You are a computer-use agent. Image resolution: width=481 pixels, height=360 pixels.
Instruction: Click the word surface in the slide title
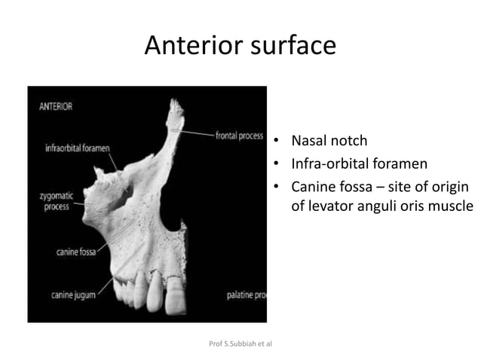290,46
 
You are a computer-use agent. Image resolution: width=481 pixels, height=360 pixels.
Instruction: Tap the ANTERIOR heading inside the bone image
56,106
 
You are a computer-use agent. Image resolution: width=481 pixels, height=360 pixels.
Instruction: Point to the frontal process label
239,137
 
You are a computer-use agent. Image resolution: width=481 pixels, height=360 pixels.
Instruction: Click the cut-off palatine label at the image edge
246,295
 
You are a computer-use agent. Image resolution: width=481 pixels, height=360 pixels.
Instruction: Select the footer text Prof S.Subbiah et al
239,343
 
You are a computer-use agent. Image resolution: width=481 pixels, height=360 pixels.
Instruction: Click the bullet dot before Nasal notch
277,141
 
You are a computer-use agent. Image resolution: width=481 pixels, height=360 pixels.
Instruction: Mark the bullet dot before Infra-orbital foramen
277,163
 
